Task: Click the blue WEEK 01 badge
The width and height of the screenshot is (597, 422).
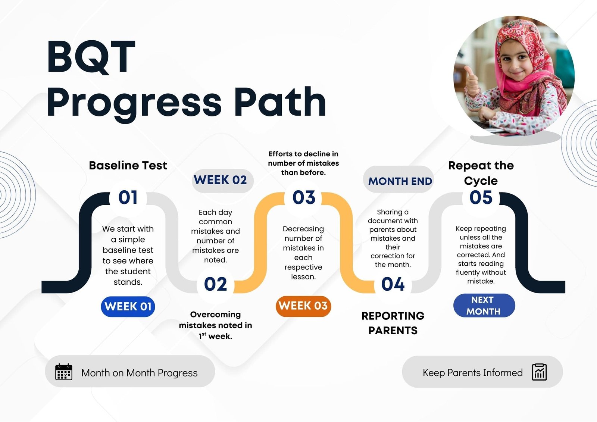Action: tap(128, 306)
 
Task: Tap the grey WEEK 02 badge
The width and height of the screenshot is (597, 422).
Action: tap(222, 181)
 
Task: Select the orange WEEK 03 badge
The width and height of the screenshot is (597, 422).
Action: tap(303, 306)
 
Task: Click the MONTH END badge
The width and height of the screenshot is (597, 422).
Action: tap(398, 179)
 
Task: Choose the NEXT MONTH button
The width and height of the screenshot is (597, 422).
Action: tap(484, 306)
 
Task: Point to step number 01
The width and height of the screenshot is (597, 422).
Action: tap(128, 197)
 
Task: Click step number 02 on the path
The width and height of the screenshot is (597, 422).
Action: tap(215, 284)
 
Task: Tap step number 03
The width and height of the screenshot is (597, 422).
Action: tap(304, 197)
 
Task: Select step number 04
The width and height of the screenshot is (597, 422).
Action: tap(393, 284)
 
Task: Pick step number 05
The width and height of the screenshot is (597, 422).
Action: tap(481, 197)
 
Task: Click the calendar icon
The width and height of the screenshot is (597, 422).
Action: tap(64, 372)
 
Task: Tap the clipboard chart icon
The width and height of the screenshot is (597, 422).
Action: tap(539, 372)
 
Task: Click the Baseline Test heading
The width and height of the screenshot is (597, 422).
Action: tap(128, 166)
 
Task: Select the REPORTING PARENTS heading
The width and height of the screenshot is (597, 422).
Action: tap(393, 323)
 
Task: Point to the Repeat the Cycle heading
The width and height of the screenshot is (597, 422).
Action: tap(481, 173)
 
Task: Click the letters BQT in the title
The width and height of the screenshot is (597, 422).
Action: tap(91, 57)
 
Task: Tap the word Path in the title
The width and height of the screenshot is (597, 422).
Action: tap(280, 102)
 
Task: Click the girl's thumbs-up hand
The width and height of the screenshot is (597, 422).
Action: tap(472, 80)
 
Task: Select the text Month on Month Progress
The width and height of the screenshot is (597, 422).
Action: tap(140, 373)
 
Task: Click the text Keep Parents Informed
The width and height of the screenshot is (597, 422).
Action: tap(472, 373)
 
